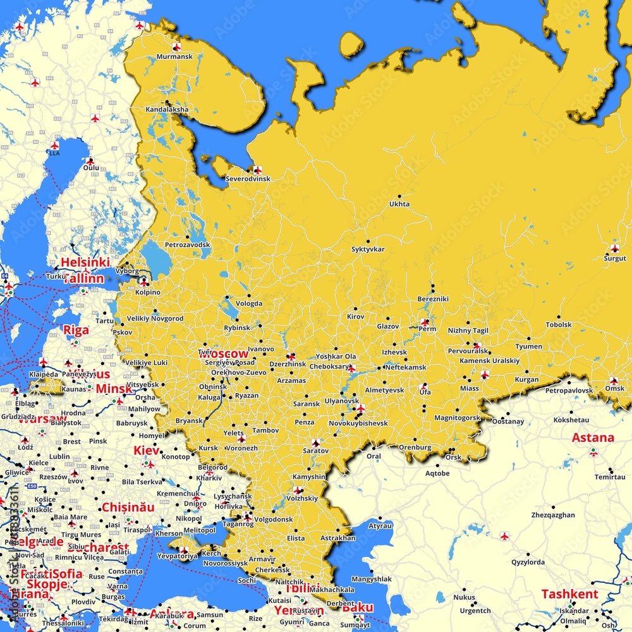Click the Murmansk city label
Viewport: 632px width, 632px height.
[174, 57]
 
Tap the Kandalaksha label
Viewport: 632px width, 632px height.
[167, 109]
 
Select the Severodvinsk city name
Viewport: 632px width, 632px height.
[248, 179]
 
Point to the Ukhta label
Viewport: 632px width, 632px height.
[399, 204]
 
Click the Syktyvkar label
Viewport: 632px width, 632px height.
[368, 250]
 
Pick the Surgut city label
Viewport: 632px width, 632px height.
[615, 258]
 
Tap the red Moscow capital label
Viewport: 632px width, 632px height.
[224, 354]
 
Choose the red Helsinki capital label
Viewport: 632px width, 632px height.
[85, 262]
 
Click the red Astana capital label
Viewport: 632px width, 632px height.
[593, 437]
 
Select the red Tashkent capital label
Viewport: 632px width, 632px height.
[569, 594]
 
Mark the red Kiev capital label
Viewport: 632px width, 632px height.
[147, 451]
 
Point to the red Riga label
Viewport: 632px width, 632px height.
[76, 330]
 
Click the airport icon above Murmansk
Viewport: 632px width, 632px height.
[177, 47]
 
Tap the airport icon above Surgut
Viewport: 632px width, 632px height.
[615, 248]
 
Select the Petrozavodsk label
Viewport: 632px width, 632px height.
[187, 245]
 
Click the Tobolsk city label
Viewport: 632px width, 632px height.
[559, 325]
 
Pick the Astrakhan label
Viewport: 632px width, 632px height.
[337, 538]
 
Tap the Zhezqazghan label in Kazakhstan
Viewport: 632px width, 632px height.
[553, 515]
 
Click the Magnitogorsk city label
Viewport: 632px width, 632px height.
[458, 418]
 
